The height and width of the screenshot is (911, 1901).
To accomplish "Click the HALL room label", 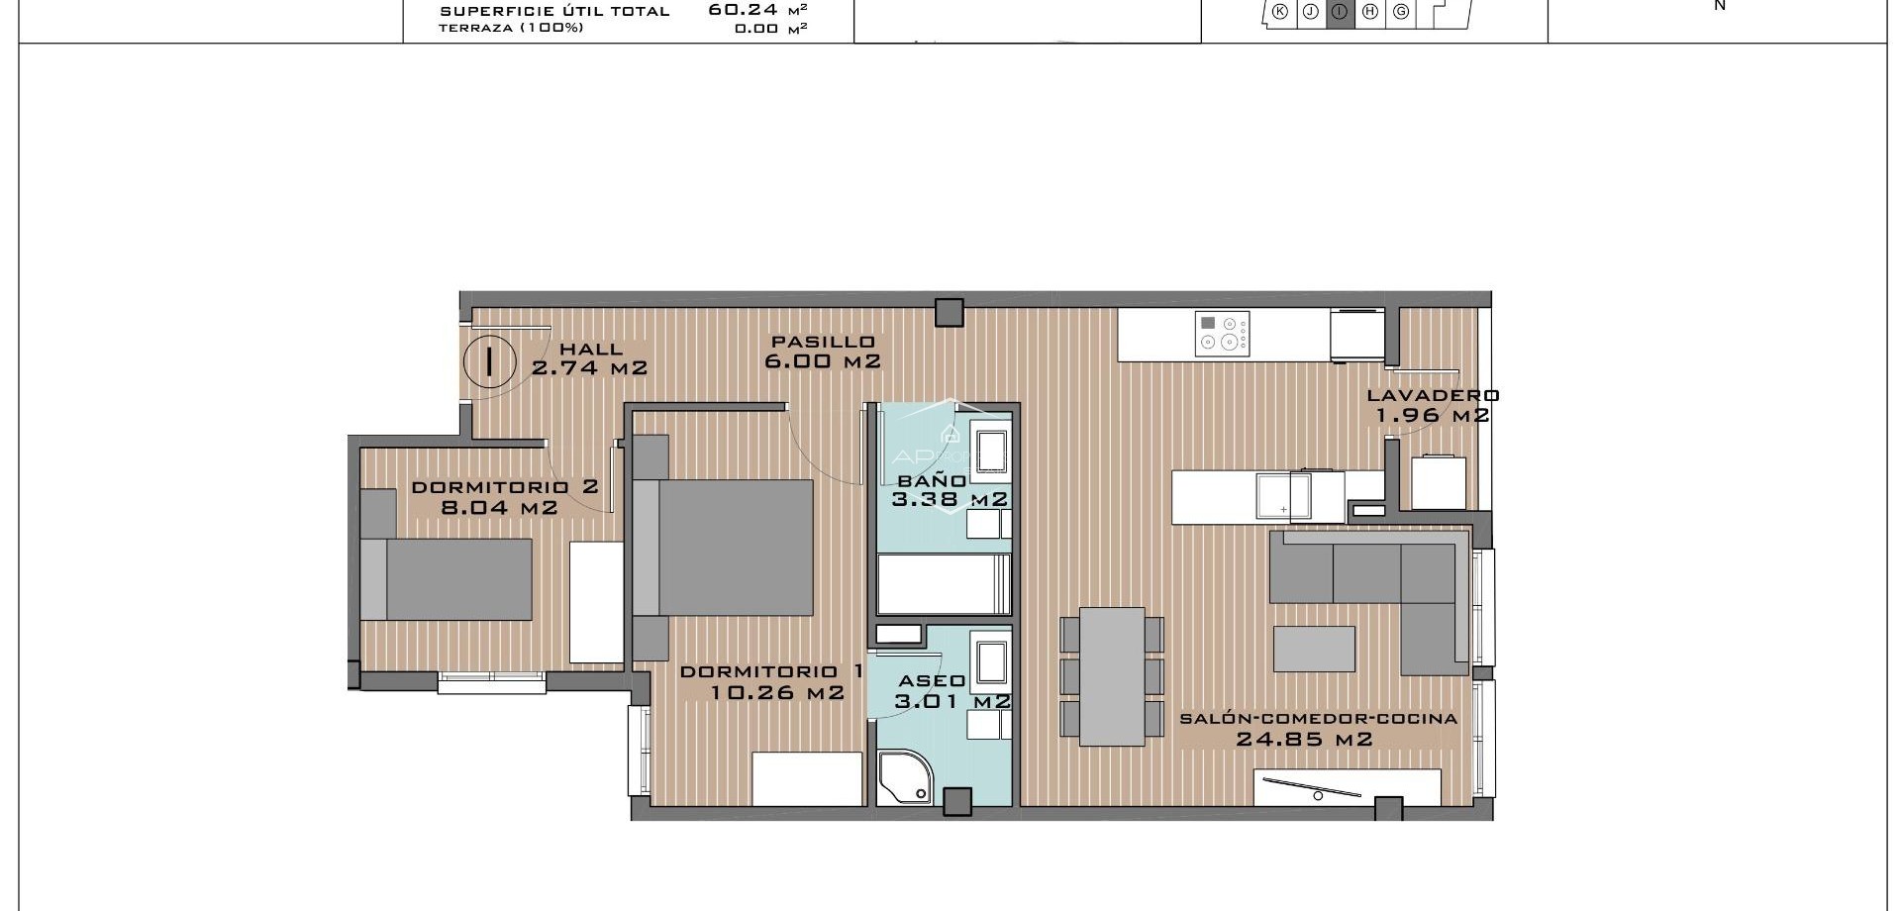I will click(x=591, y=349).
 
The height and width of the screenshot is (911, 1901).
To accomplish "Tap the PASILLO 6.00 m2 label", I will click(x=823, y=352).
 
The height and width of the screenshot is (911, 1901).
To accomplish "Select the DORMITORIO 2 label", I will click(x=504, y=487).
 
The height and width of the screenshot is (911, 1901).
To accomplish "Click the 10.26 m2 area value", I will click(x=777, y=692).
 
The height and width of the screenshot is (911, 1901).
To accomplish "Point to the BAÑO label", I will click(x=931, y=481).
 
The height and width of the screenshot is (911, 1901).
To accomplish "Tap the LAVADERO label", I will click(x=1433, y=395).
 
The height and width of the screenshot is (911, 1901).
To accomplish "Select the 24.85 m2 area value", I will click(x=1305, y=739).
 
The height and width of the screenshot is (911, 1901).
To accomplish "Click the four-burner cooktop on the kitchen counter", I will click(x=1223, y=334).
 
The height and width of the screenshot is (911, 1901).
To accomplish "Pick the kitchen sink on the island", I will click(x=1283, y=495).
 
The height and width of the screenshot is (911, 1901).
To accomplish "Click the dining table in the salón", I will click(x=1112, y=676).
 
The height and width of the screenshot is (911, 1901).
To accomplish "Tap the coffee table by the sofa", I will click(x=1314, y=649).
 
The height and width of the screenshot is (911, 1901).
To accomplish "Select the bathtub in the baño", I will click(x=943, y=584).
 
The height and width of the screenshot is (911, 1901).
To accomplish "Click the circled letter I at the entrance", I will click(x=489, y=360).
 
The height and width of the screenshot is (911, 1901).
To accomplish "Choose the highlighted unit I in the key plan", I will click(x=1341, y=12).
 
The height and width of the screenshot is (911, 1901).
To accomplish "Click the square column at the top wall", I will click(x=950, y=313).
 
